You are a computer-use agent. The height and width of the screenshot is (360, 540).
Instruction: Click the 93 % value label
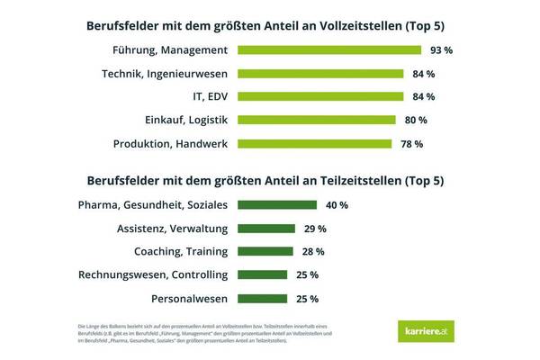pyautogui.click(x=440, y=50)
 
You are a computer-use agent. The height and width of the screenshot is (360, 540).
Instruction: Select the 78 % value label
pyautogui.click(x=410, y=143)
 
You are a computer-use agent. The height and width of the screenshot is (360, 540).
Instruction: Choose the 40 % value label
pyautogui.click(x=337, y=205)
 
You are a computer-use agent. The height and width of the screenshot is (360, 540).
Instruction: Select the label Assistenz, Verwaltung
pyautogui.click(x=173, y=229)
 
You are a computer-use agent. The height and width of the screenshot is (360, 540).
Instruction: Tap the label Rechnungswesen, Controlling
pyautogui.click(x=154, y=274)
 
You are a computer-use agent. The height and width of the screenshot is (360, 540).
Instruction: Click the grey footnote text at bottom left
pyautogui.click(x=193, y=334)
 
